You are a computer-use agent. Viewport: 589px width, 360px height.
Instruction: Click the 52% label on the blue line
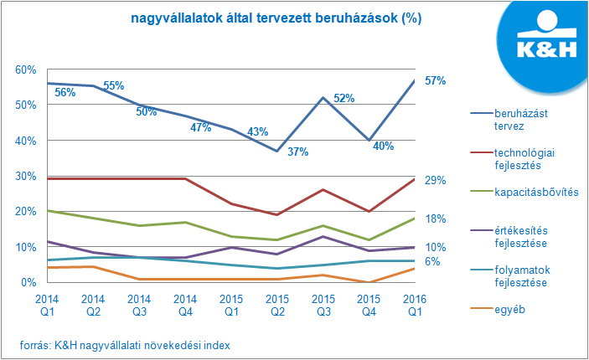click(344, 98)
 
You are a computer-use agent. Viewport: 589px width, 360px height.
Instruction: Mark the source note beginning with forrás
click(126, 345)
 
